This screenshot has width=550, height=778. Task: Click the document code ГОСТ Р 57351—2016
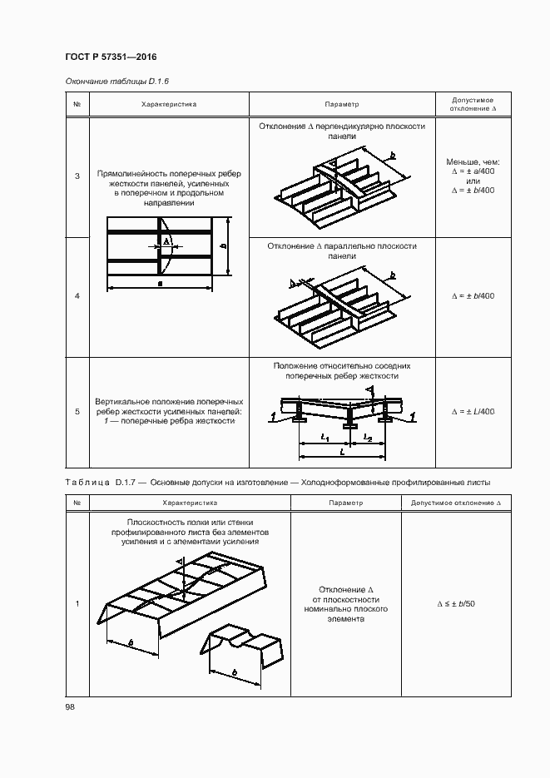111,57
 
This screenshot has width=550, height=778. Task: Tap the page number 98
70,707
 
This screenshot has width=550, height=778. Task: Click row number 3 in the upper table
77,176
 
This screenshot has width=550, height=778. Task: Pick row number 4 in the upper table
77,296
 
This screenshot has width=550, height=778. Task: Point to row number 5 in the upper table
77,411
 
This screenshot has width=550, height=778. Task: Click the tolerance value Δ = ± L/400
473,411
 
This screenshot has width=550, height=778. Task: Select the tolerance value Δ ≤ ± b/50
455,603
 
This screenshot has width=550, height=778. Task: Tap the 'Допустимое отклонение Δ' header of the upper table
472,104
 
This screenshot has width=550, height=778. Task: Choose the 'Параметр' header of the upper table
341,105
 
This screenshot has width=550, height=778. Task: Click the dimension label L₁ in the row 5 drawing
326,438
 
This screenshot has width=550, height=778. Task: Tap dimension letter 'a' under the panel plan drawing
160,284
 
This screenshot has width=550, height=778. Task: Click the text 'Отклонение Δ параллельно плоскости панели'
341,251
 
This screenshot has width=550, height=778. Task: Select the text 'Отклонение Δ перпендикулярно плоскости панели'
341,131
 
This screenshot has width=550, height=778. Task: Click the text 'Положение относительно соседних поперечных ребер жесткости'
341,370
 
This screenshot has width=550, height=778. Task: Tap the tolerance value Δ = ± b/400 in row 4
473,296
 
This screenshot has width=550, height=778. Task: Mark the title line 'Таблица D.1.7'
278,482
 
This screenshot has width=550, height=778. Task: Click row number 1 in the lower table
77,603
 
